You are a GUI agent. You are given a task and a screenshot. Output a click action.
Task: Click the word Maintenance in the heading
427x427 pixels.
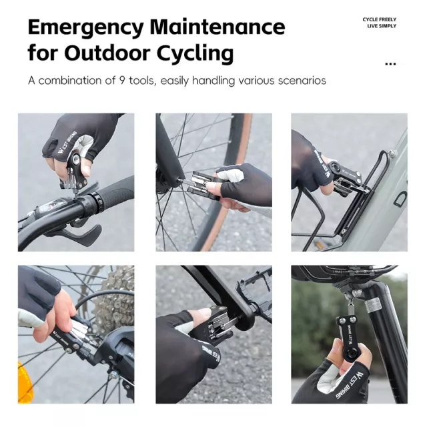(x=218, y=27)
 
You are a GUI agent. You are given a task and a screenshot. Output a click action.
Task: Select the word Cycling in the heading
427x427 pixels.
(x=195, y=54)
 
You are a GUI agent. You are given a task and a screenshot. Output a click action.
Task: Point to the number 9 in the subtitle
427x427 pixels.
(x=122, y=81)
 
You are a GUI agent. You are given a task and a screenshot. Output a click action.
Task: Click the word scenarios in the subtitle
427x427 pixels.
(x=302, y=81)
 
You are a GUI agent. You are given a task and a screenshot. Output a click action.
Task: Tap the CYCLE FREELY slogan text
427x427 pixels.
(x=380, y=19)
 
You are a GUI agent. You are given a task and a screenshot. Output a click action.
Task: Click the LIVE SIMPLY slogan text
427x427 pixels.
(x=382, y=26)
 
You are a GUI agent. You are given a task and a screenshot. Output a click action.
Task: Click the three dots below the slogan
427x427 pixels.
(x=390, y=64)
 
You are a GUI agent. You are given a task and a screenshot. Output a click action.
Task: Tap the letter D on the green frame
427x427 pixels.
(x=400, y=199)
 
